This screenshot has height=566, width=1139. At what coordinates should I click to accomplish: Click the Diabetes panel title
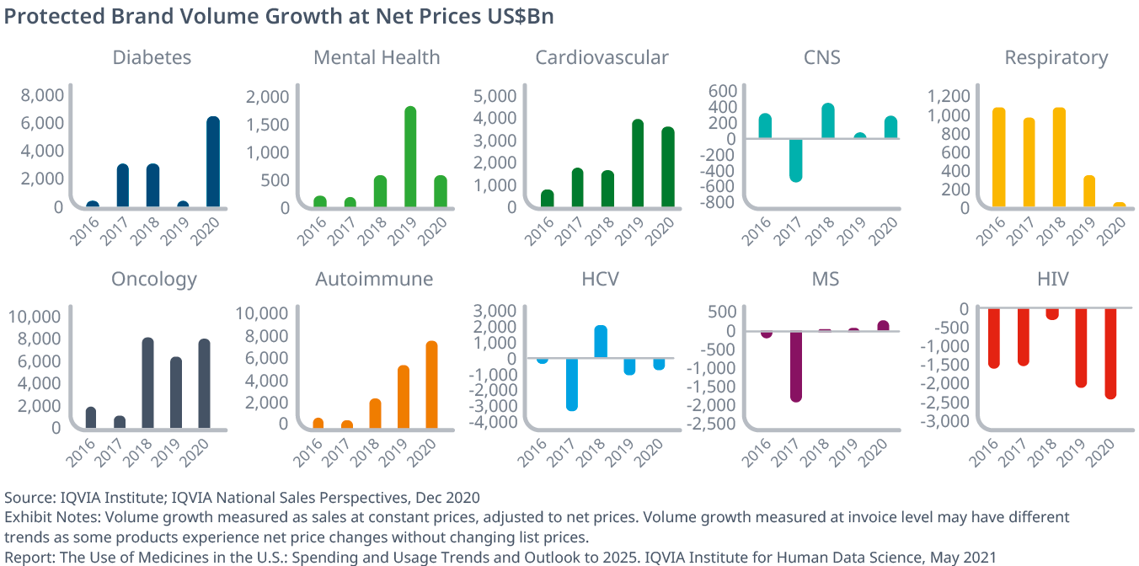(x=152, y=57)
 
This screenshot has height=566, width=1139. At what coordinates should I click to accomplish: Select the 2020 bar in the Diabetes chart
(x=213, y=162)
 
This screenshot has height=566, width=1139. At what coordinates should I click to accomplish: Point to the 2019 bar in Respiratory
(x=1089, y=191)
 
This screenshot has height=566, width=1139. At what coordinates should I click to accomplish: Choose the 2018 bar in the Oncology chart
(x=147, y=383)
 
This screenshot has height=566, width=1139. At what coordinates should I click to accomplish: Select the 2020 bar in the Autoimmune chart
(x=431, y=385)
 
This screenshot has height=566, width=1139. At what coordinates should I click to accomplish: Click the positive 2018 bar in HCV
(x=601, y=341)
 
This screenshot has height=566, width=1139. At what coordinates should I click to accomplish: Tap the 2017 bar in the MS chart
(x=796, y=366)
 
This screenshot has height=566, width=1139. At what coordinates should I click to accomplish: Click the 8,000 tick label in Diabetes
(x=40, y=95)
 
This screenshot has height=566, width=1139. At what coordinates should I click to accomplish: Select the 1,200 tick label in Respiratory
(x=950, y=96)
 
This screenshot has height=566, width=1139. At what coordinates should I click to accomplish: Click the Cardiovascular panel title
(x=602, y=57)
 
